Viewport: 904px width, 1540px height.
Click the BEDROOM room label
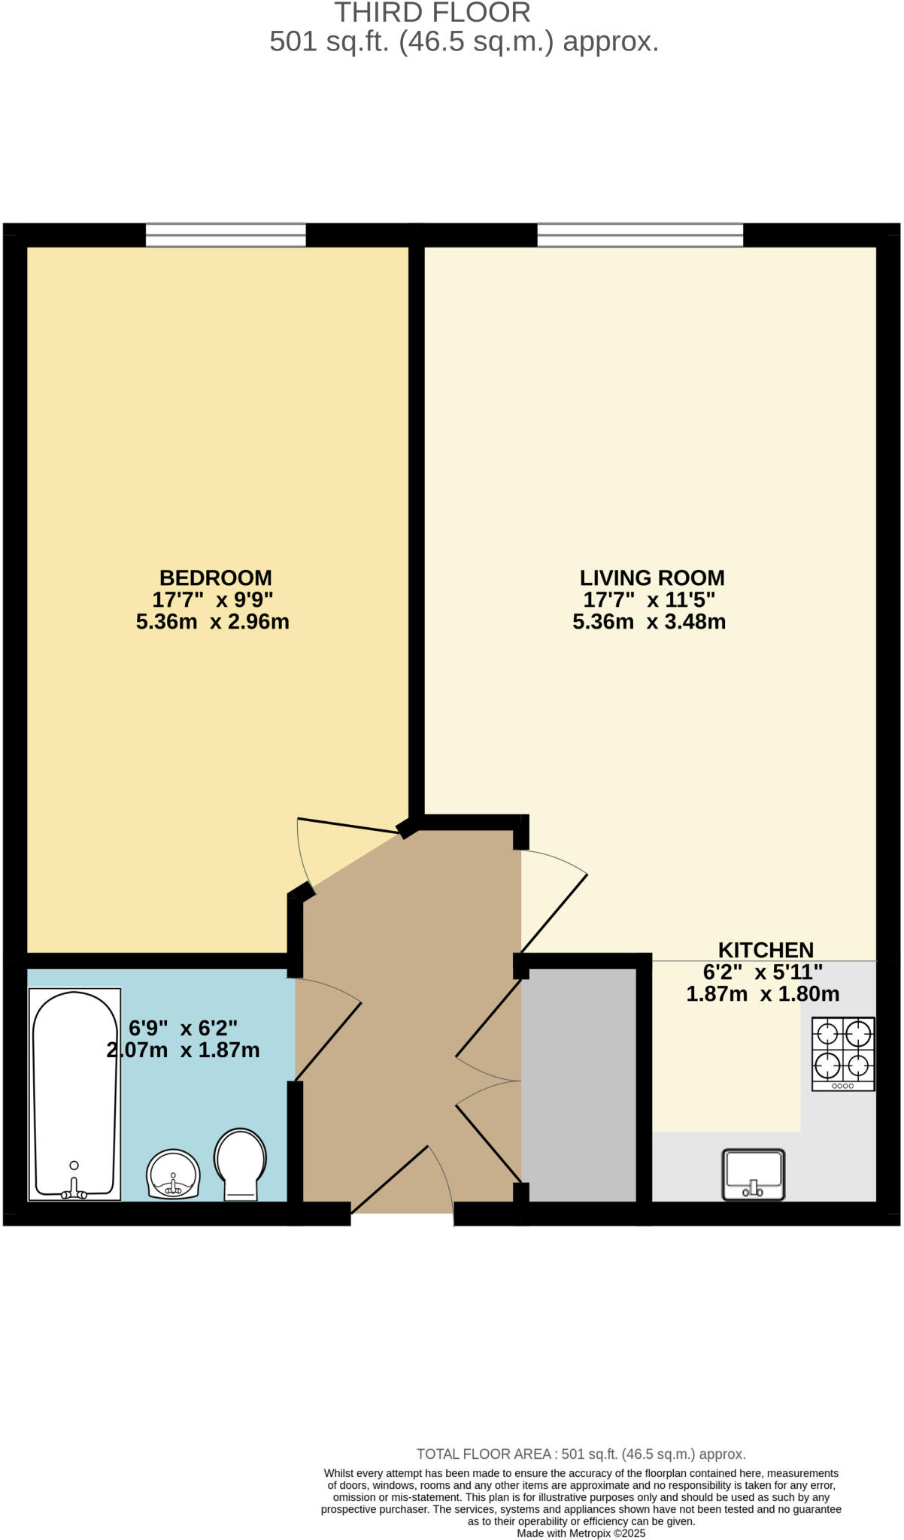coord(215,577)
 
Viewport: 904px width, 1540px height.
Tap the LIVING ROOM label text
coord(651,577)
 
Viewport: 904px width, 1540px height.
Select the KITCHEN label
coord(765,950)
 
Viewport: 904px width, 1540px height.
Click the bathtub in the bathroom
coord(74,1094)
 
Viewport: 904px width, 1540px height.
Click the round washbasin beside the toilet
coord(174,1174)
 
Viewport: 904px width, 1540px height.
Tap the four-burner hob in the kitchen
coord(842,1053)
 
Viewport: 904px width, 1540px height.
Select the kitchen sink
coord(753,1174)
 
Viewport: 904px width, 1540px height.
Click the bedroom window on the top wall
coord(226,235)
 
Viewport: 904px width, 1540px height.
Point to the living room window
coord(639,235)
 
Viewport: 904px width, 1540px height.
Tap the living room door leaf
coord(554,914)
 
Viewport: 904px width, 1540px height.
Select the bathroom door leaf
coord(329,1041)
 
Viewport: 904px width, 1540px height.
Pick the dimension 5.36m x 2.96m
coord(212,622)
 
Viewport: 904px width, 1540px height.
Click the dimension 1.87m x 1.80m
coord(762,994)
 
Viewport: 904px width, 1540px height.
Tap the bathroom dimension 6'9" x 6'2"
coord(183,1027)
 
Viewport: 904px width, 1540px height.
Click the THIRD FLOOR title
coord(432,13)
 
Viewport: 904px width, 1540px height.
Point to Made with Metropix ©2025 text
coord(581,1533)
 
